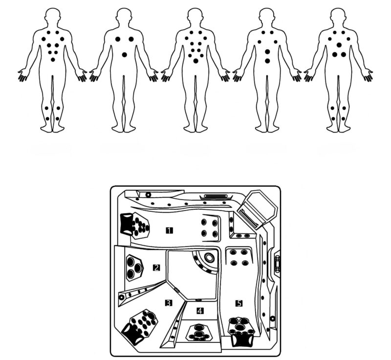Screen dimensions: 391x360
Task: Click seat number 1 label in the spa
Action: click(x=169, y=230)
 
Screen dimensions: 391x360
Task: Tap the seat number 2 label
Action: click(x=156, y=268)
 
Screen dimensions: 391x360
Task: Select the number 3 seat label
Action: click(x=169, y=303)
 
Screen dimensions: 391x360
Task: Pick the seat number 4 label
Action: click(x=200, y=311)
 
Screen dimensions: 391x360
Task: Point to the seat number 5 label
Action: click(x=239, y=303)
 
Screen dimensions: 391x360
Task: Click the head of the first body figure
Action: click(x=53, y=16)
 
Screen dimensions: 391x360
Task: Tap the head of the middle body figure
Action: click(x=195, y=16)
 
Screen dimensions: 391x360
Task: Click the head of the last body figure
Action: click(x=338, y=16)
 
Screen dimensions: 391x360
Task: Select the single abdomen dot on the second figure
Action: click(x=125, y=55)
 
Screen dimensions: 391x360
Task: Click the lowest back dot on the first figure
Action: click(x=53, y=60)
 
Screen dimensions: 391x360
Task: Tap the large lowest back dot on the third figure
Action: click(x=196, y=61)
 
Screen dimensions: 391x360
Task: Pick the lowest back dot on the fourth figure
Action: click(x=267, y=61)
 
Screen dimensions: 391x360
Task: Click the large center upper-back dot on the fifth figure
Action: click(x=339, y=45)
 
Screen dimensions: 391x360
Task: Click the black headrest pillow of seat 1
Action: click(x=127, y=224)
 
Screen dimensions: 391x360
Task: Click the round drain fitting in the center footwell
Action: click(x=209, y=257)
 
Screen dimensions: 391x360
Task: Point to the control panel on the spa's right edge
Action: click(x=277, y=264)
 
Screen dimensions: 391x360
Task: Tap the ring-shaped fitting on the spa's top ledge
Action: click(x=149, y=195)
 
